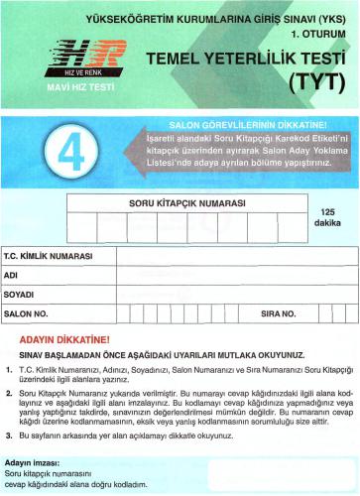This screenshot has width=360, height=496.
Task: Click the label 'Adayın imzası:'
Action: click(x=36, y=463)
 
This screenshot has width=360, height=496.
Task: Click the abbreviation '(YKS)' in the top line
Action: click(x=331, y=16)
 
